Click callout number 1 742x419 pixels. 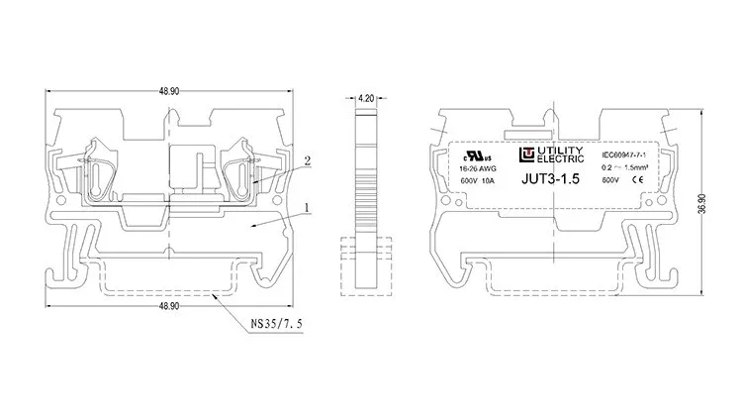click(x=309, y=208)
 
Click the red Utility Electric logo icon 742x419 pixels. click(x=526, y=156)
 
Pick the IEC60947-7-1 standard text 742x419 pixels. click(x=623, y=156)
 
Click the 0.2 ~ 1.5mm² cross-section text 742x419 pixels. click(x=626, y=169)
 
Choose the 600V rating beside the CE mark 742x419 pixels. click(x=611, y=181)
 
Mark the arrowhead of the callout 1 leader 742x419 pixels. click(x=249, y=227)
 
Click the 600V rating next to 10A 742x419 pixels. click(x=469, y=181)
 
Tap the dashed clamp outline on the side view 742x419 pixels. click(x=366, y=267)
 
